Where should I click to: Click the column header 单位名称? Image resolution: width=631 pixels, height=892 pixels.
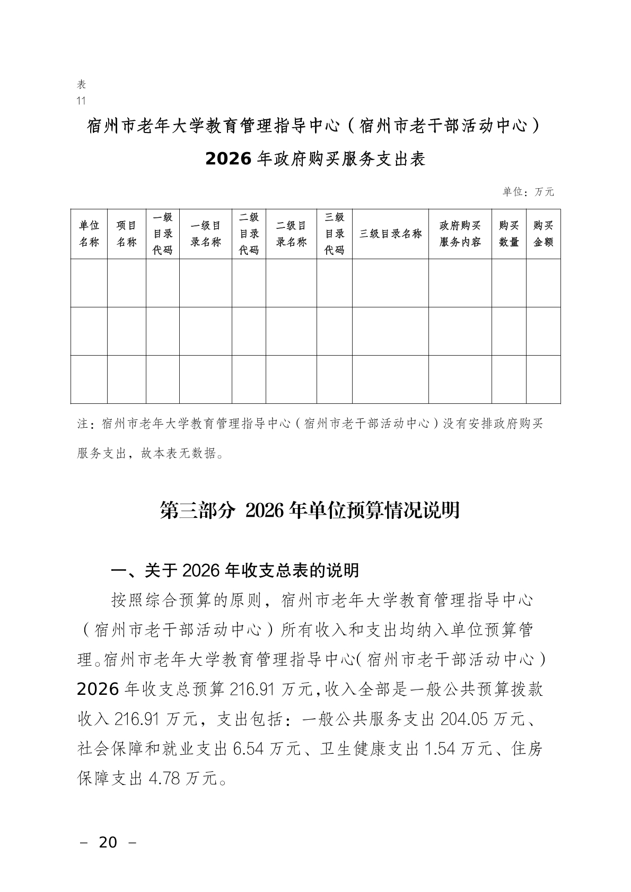pos(89,234)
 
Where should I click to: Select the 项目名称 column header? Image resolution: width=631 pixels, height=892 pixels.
pos(127,234)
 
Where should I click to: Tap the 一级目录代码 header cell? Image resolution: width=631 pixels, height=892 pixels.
pos(163,234)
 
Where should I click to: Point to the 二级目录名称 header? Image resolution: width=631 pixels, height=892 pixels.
pos(291,234)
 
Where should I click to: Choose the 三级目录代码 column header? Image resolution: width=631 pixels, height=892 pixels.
pos(335,234)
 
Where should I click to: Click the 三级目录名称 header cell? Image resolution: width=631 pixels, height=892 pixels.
pos(390,234)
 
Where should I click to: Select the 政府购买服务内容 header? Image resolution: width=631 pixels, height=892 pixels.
pos(460,234)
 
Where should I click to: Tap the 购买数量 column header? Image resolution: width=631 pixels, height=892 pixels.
pos(509,234)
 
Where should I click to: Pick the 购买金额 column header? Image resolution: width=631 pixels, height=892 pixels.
pos(544,234)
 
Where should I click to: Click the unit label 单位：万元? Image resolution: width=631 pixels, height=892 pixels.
pos(528,192)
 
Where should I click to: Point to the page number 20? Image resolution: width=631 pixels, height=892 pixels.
pos(108,842)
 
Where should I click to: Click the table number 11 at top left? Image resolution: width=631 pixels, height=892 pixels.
pos(81,101)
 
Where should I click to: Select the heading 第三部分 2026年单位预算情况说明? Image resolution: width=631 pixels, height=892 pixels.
pos(310,510)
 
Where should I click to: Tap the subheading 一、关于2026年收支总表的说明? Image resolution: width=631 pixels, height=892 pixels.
pos(235,570)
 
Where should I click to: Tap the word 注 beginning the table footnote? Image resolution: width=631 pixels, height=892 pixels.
pos(83,424)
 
